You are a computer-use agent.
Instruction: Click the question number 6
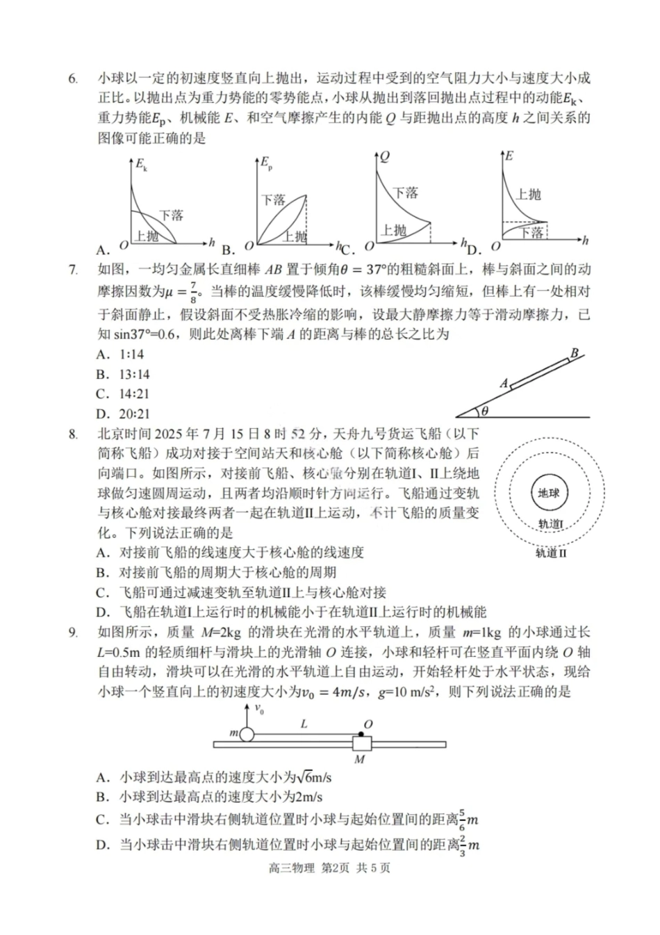pos(73,79)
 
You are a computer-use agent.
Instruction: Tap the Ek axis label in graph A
pos(141,165)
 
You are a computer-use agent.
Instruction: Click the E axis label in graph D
pos(509,156)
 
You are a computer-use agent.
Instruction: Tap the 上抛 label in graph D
pos(528,194)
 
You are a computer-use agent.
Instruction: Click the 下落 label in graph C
pos(405,193)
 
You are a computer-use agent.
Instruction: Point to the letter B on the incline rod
pos(574,353)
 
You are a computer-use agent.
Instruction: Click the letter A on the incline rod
pos(504,383)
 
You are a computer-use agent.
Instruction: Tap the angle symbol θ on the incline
pos(484,411)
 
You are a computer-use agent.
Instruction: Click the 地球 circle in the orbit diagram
pos(548,494)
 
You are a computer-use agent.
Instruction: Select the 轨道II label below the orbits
pos(551,553)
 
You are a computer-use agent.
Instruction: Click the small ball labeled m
pos(247,733)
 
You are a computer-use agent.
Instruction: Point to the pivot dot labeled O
pos(361,733)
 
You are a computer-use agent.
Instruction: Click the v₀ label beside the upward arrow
pos(259,709)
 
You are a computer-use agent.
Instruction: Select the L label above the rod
pos(304,724)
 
